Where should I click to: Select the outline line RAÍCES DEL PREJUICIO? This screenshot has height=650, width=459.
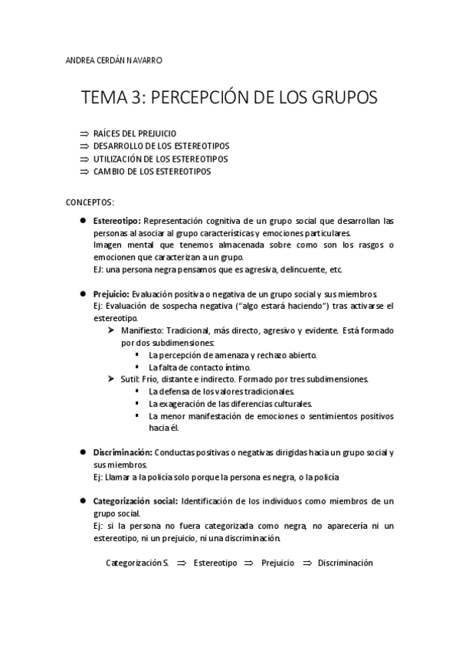(134, 133)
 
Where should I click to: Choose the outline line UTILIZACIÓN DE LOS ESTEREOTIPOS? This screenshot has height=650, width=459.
(160, 159)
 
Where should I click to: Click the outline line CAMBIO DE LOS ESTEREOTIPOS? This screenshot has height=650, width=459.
(152, 172)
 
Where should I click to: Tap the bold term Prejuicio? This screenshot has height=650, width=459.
(111, 294)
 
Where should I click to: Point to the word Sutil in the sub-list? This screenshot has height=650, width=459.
(128, 379)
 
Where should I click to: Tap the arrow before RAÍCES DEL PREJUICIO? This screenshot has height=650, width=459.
(84, 133)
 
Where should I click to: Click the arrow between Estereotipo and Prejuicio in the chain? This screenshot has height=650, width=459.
(248, 563)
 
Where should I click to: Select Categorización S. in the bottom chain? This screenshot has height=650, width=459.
(137, 563)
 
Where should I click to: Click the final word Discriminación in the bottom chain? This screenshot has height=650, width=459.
(345, 563)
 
